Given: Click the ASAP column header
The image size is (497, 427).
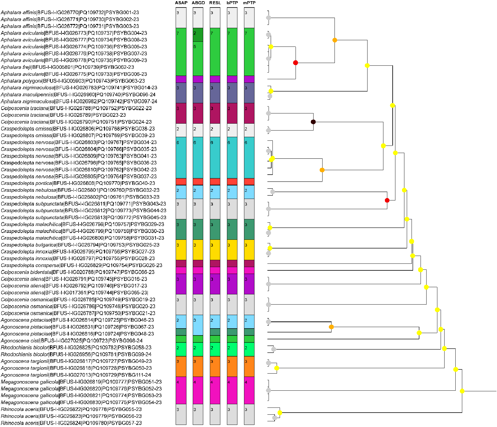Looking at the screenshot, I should pos(181,3).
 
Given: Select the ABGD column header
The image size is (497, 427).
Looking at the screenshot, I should pos(198,3).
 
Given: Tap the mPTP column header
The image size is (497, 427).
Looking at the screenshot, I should pos(249,3).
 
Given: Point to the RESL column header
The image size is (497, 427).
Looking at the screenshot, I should pos(215,3).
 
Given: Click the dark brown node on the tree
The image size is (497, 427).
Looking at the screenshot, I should pos(313,122).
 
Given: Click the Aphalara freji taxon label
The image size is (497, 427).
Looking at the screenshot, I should pos(67,67).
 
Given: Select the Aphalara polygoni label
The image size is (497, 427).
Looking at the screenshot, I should pos(73,81).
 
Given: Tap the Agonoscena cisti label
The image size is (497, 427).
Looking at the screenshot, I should pos(72,341).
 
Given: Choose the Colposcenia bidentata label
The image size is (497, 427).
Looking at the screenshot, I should pos(78,272).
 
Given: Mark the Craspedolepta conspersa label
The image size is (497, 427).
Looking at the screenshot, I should pos(82,266).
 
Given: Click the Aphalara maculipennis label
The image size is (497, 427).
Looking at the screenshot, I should pos(78,95).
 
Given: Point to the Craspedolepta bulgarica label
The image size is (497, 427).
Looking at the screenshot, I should pos(80,245).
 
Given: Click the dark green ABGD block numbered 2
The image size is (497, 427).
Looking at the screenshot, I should pos(198,35).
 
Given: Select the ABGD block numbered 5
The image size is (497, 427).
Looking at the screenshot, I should pos(198,59).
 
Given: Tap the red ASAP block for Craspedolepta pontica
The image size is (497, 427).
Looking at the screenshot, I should pos(181,182).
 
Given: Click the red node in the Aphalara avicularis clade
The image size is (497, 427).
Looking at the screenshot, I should pos(296,63).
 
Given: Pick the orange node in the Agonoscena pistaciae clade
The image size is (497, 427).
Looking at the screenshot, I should pos(331,327).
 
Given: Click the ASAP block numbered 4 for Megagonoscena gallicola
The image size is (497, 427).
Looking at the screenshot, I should pos(181,390).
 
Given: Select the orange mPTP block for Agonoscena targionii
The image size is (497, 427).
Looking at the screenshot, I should pos(249,366).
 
